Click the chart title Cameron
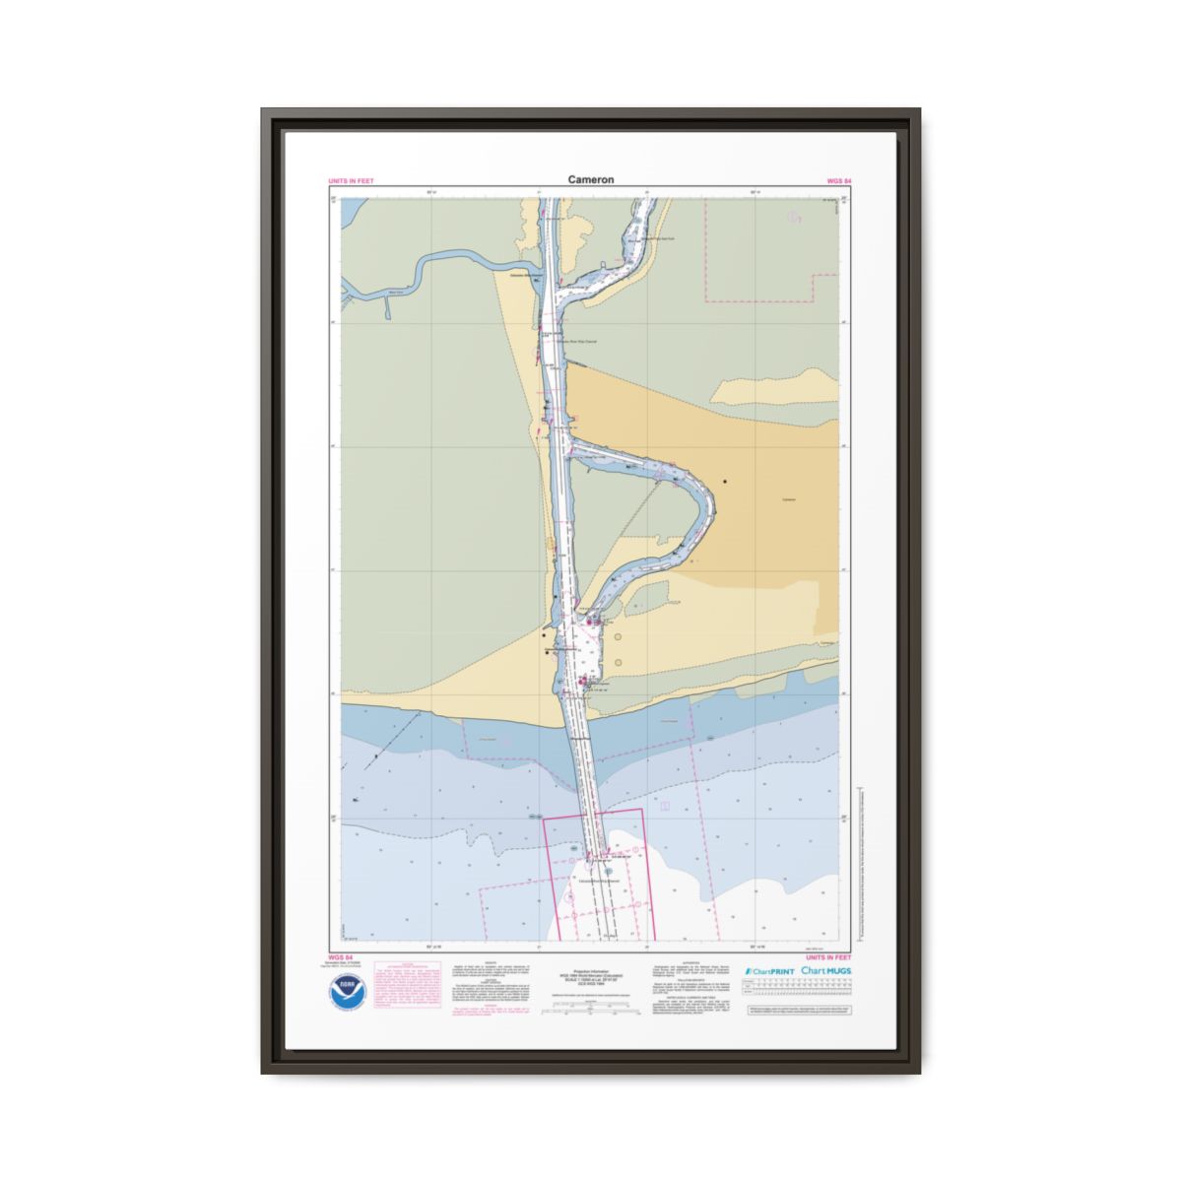(x=591, y=179)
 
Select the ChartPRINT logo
(x=770, y=971)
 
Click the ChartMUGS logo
(x=826, y=971)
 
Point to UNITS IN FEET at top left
(x=351, y=181)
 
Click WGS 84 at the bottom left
(x=340, y=956)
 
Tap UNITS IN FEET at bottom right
(x=828, y=956)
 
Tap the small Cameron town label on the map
(x=788, y=499)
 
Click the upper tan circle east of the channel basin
(x=619, y=637)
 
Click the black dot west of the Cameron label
(x=725, y=482)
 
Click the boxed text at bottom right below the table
(x=799, y=1011)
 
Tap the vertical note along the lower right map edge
(x=860, y=847)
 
